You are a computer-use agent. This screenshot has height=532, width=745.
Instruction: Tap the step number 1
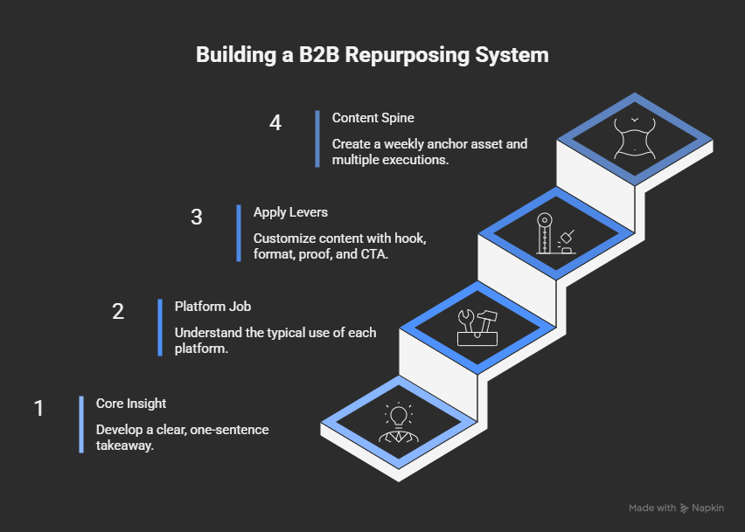[39, 408]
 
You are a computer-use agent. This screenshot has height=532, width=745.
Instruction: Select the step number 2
[118, 311]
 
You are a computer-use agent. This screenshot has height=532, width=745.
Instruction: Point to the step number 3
[197, 217]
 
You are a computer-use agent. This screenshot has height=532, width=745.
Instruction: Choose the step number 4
[275, 122]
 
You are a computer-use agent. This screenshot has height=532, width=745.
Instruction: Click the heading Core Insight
[131, 404]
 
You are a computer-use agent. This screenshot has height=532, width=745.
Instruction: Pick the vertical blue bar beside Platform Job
[160, 328]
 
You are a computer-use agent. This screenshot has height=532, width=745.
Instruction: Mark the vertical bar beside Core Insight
[81, 424]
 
